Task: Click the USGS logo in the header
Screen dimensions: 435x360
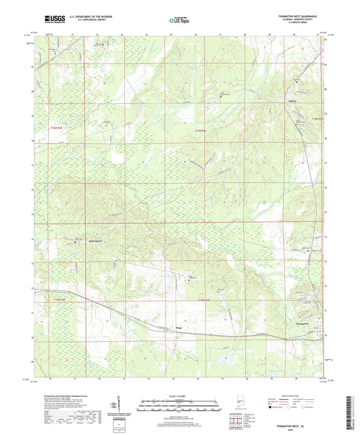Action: pyautogui.click(x=51, y=20)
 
